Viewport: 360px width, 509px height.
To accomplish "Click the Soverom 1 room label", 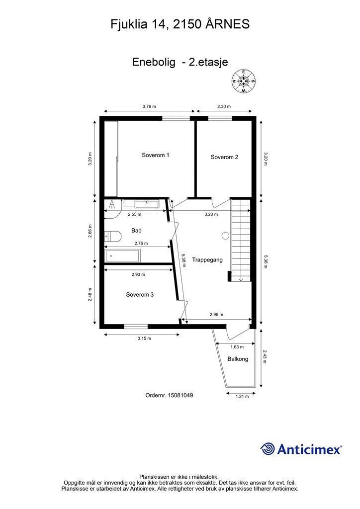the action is coord(155,155).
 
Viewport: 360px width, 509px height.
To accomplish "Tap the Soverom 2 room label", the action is coord(224,157).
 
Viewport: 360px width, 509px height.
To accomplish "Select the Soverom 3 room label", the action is coord(140,295).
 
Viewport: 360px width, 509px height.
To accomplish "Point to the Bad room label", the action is coord(136,231).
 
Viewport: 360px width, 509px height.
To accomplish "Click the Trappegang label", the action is coord(207,260).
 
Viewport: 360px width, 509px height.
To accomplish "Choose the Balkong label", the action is coord(238,359).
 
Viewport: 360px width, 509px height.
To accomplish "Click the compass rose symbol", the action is coord(244,81).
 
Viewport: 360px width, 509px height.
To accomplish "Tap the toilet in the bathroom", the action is coord(113,236).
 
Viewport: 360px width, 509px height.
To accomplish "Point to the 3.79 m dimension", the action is coord(149,106).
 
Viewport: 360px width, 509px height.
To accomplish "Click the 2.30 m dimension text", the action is coord(224,106).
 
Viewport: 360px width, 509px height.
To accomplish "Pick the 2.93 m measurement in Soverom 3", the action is coord(138,274).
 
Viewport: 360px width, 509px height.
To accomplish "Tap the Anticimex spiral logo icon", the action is coord(268,449).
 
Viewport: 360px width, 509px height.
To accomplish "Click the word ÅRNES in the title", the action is coord(228,24).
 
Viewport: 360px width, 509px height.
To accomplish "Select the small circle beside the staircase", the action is coord(225,236).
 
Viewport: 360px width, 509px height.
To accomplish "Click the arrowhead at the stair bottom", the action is coord(241,279).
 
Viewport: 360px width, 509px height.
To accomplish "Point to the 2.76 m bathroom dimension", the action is coord(141,243).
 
